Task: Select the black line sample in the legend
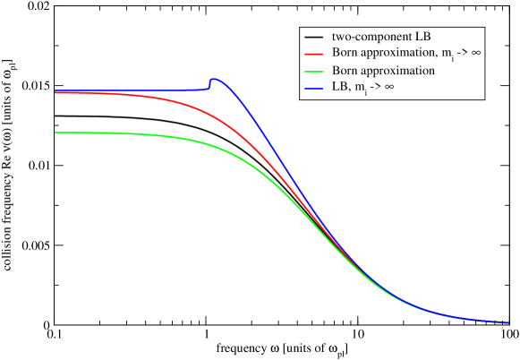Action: tap(313, 37)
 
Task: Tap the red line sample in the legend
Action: tap(313, 54)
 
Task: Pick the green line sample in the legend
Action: tap(313, 71)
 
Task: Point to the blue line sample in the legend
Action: tap(313, 88)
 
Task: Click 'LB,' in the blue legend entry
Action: tap(341, 88)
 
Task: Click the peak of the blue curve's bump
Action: tap(214, 80)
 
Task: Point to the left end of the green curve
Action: tap(55, 133)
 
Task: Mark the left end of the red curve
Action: tap(55, 93)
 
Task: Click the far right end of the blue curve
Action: tap(507, 321)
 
